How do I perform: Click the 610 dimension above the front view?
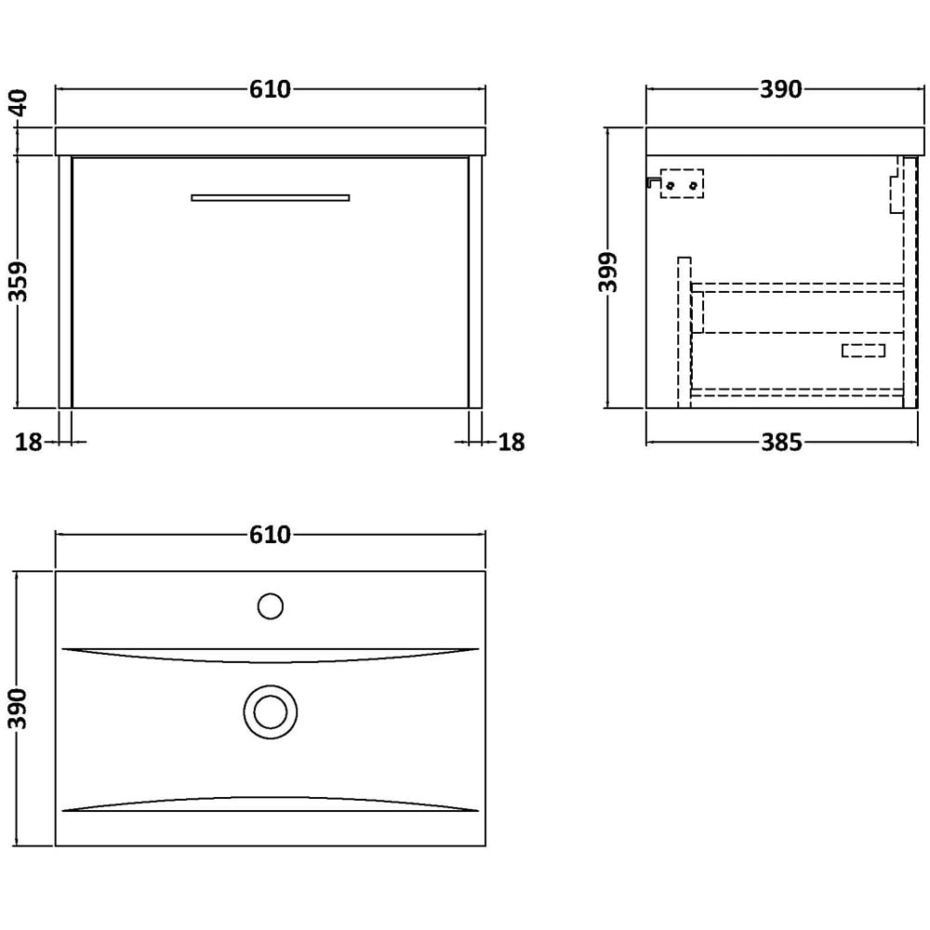pyautogui.click(x=270, y=89)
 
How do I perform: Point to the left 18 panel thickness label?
pyautogui.click(x=28, y=442)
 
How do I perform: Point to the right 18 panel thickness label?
pyautogui.click(x=511, y=442)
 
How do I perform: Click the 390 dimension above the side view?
pyautogui.click(x=781, y=89)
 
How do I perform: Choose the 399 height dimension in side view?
pyautogui.click(x=608, y=272)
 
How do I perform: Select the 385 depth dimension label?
pyautogui.click(x=782, y=443)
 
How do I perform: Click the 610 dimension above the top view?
pyautogui.click(x=270, y=535)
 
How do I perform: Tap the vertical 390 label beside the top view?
pyautogui.click(x=19, y=708)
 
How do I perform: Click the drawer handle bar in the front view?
pyautogui.click(x=271, y=197)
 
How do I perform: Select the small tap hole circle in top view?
pyautogui.click(x=271, y=606)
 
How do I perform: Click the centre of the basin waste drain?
pyautogui.click(x=271, y=711)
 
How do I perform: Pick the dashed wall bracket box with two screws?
pyautogui.click(x=682, y=183)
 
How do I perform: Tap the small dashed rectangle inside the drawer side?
pyautogui.click(x=864, y=351)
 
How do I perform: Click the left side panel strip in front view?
pyautogui.click(x=65, y=283)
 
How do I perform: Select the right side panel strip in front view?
pyautogui.click(x=474, y=283)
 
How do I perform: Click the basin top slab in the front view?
pyautogui.click(x=271, y=141)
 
